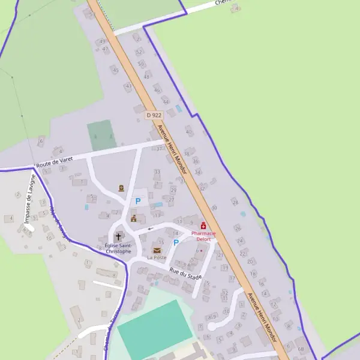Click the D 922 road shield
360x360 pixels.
(x=154, y=115)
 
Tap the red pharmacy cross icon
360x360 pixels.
(x=203, y=226)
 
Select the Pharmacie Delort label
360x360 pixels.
(x=203, y=236)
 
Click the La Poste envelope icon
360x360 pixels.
(x=157, y=250)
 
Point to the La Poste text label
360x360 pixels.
(x=157, y=257)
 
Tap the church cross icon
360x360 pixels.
(x=118, y=236)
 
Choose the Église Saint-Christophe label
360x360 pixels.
(x=117, y=248)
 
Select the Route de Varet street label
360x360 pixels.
(x=54, y=161)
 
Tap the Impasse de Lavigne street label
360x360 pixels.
(x=29, y=199)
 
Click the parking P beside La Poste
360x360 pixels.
(x=176, y=242)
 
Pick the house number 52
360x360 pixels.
(x=140, y=52)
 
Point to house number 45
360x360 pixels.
(x=115, y=70)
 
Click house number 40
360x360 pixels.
(x=189, y=132)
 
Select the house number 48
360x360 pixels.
(x=146, y=77)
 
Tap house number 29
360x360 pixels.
(x=173, y=190)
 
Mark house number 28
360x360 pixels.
(x=235, y=202)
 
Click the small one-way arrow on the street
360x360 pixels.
(x=149, y=228)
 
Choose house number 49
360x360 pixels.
(x=102, y=41)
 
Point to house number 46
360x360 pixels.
(x=157, y=90)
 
